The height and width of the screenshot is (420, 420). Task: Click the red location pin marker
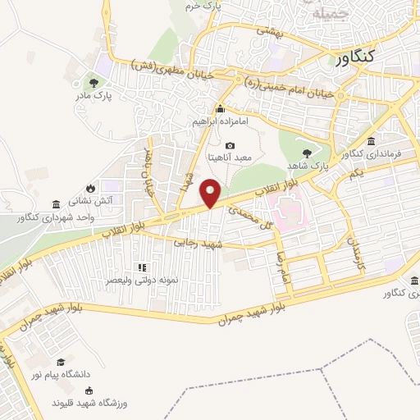coord(212,192)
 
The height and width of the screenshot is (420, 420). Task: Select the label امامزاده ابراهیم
coord(220,121)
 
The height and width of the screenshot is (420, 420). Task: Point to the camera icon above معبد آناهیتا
coord(229,145)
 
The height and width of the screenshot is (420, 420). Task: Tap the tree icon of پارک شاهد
coord(308,153)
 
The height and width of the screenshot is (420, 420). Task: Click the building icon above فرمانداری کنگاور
coord(372,141)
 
